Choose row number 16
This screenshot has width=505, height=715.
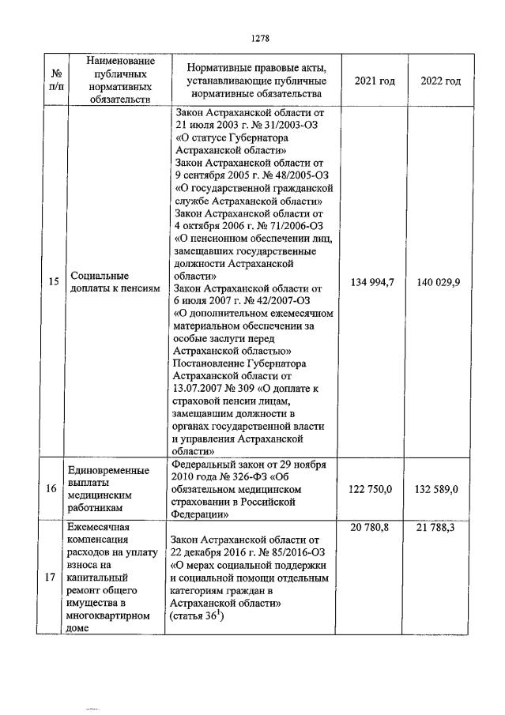coord(51,489)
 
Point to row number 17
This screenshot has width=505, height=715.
coord(51,578)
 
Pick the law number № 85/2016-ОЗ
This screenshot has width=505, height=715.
coord(285,553)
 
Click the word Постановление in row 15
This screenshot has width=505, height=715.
coord(211,363)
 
